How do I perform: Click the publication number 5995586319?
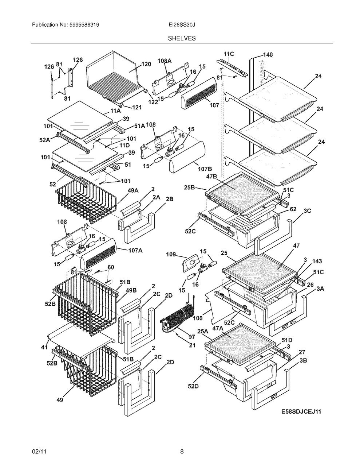click(84, 25)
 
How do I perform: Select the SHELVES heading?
click(182, 38)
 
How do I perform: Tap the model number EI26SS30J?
click(182, 25)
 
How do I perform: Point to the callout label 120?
click(146, 64)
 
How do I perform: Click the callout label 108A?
click(165, 61)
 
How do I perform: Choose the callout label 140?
click(268, 54)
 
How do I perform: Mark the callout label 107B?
click(205, 169)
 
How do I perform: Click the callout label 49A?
click(132, 190)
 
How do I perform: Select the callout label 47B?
click(211, 176)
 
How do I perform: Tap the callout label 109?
click(171, 254)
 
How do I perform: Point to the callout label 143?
click(317, 261)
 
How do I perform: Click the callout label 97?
click(192, 337)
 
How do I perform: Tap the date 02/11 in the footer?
click(39, 445)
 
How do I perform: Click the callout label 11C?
click(229, 54)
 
